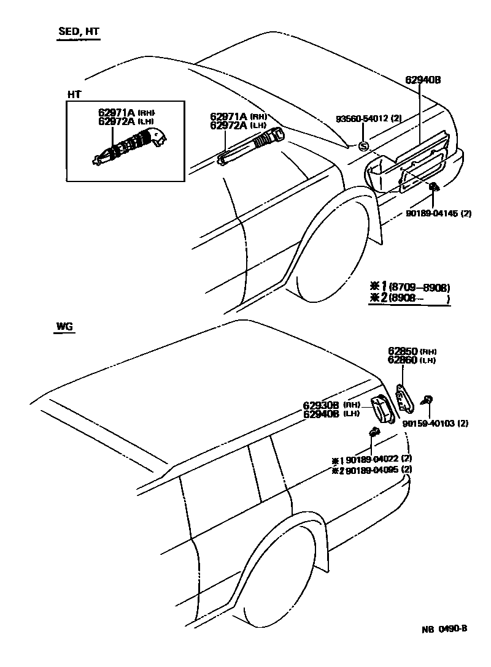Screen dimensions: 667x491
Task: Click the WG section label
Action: point(64,327)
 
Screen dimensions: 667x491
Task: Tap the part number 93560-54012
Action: point(363,118)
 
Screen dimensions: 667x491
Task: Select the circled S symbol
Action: point(363,145)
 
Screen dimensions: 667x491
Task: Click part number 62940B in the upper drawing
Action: point(423,80)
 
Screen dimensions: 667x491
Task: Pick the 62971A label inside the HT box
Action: point(117,113)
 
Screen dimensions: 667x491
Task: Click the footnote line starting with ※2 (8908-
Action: point(409,299)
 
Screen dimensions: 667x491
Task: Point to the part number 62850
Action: point(403,351)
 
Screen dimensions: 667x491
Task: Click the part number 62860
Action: point(403,360)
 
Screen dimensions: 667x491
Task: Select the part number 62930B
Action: point(322,405)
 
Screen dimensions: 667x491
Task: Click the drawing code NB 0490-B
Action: point(444,628)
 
